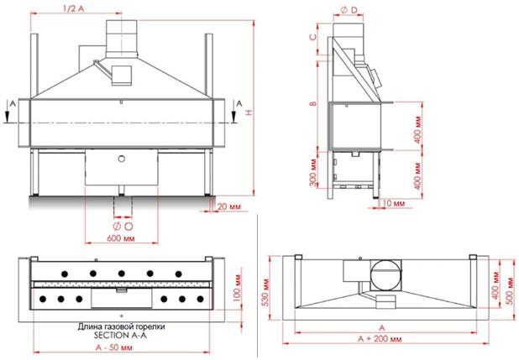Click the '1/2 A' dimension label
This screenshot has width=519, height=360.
tap(73, 8)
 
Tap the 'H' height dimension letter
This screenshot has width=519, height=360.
tap(250, 112)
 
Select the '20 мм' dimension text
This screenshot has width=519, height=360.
tap(229, 206)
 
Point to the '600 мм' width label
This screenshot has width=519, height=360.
tap(121, 238)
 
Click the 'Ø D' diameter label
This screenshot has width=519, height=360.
tap(349, 10)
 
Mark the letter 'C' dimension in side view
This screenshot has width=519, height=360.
tap(313, 36)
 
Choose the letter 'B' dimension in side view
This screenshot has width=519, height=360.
tap(312, 103)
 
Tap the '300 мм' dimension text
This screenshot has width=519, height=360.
tap(313, 172)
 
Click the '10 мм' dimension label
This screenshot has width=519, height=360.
tap(393, 203)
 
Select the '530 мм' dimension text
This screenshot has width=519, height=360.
tap(266, 293)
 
